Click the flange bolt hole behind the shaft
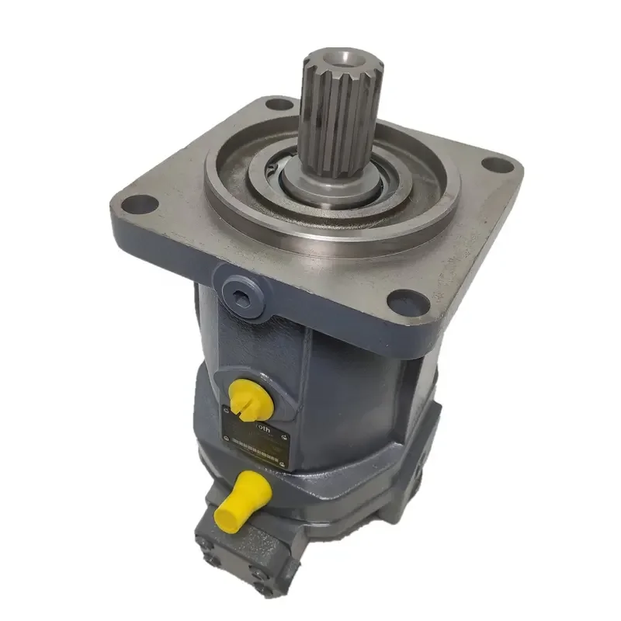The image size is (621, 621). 279,103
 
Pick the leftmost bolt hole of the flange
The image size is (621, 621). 141,205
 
